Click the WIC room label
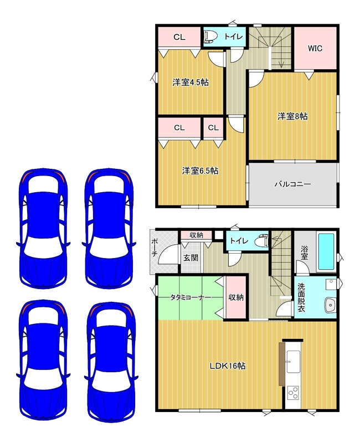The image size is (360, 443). click(x=315, y=48)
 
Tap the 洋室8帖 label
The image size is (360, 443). click(x=292, y=116)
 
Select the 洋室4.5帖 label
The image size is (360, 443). click(x=191, y=83)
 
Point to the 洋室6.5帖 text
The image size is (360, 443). click(x=200, y=171)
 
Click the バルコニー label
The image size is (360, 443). click(x=293, y=184)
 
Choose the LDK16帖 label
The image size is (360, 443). click(x=228, y=366)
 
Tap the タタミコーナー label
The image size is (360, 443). click(x=190, y=297)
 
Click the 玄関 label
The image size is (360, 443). click(x=191, y=257)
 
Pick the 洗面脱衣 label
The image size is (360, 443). click(x=301, y=297)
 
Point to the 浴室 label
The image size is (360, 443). click(x=304, y=253)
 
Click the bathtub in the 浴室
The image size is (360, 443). click(x=326, y=251)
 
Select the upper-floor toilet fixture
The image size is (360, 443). click(x=210, y=37)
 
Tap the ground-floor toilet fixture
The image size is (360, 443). click(x=261, y=240)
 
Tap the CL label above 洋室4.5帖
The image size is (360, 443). click(x=179, y=37)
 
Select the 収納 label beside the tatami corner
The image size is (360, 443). click(x=236, y=297)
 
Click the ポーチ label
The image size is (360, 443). click(x=155, y=248)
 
